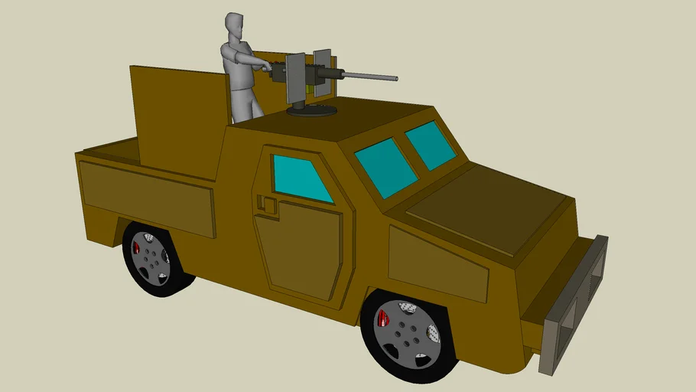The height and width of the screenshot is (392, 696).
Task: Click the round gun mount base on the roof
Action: click(311, 112)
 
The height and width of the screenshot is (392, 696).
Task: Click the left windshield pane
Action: click(385, 167)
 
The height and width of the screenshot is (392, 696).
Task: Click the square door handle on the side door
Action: click(267, 204)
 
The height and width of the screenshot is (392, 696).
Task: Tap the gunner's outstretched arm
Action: click(253, 60)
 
